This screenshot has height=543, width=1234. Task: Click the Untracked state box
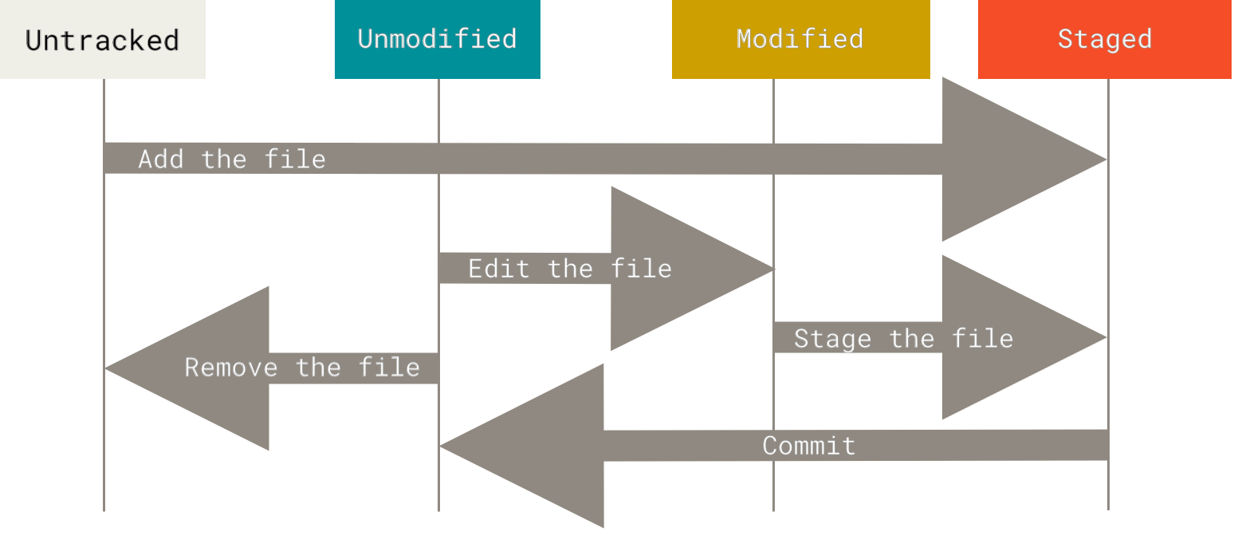click(102, 39)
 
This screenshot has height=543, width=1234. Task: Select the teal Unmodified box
click(437, 39)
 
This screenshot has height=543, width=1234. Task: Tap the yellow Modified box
click(800, 39)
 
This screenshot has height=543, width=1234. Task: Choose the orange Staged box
click(1104, 39)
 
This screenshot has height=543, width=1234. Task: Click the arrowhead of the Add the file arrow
click(1012, 159)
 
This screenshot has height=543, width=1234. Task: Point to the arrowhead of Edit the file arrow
click(678, 269)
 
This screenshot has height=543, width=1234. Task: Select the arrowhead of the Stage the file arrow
click(1012, 337)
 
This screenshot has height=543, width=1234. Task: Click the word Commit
click(808, 446)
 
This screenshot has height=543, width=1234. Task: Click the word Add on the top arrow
click(161, 159)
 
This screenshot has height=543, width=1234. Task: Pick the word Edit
click(499, 269)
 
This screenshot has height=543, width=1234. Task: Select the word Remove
click(231, 368)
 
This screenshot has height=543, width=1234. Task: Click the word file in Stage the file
click(982, 338)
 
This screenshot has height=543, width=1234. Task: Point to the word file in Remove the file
click(389, 368)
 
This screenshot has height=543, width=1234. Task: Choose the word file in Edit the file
click(641, 269)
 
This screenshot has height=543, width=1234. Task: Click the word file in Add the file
click(295, 159)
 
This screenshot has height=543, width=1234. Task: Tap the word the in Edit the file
click(570, 269)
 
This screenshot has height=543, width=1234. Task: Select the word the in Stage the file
click(911, 338)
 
